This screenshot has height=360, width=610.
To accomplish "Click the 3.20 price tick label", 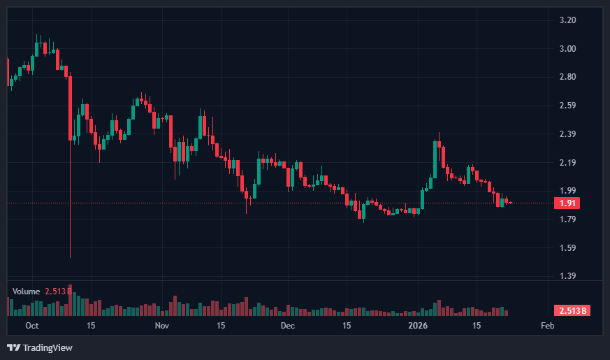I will coord(567,20).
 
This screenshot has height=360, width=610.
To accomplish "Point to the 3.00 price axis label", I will coord(567,49).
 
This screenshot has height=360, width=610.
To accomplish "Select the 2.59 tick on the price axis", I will coord(567,106).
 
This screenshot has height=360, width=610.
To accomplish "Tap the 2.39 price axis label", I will coord(567,134).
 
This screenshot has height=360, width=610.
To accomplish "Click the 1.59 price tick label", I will coord(567,247).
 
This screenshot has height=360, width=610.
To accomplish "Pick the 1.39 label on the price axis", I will coord(567,276).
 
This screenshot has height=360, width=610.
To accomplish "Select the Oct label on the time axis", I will coord(32,326).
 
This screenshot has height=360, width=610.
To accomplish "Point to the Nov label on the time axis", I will coord(162,326).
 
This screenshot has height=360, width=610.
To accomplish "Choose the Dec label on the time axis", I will coord(288,326).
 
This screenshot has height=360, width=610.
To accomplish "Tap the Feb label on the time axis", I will coord(548,326).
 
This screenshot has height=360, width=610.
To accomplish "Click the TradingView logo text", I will coord(47,347).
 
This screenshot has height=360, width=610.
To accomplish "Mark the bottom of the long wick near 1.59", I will coord(71,257).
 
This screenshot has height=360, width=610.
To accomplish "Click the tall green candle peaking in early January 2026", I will coord(435,157).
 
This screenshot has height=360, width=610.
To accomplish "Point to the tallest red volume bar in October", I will coord(71,301).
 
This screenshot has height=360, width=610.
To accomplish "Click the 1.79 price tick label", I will coord(567,219).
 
